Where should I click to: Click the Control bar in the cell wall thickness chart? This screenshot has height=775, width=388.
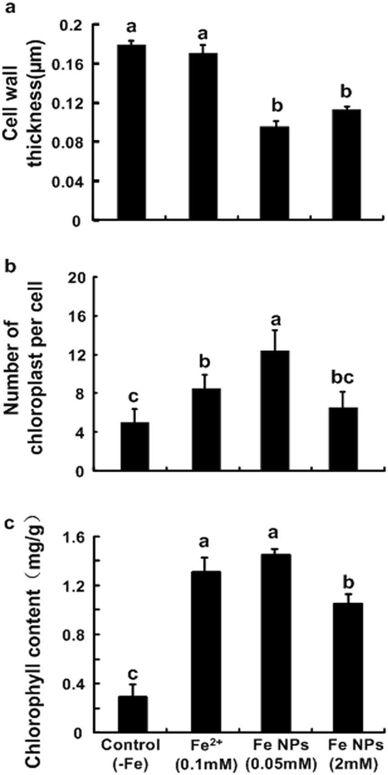(132, 132)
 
